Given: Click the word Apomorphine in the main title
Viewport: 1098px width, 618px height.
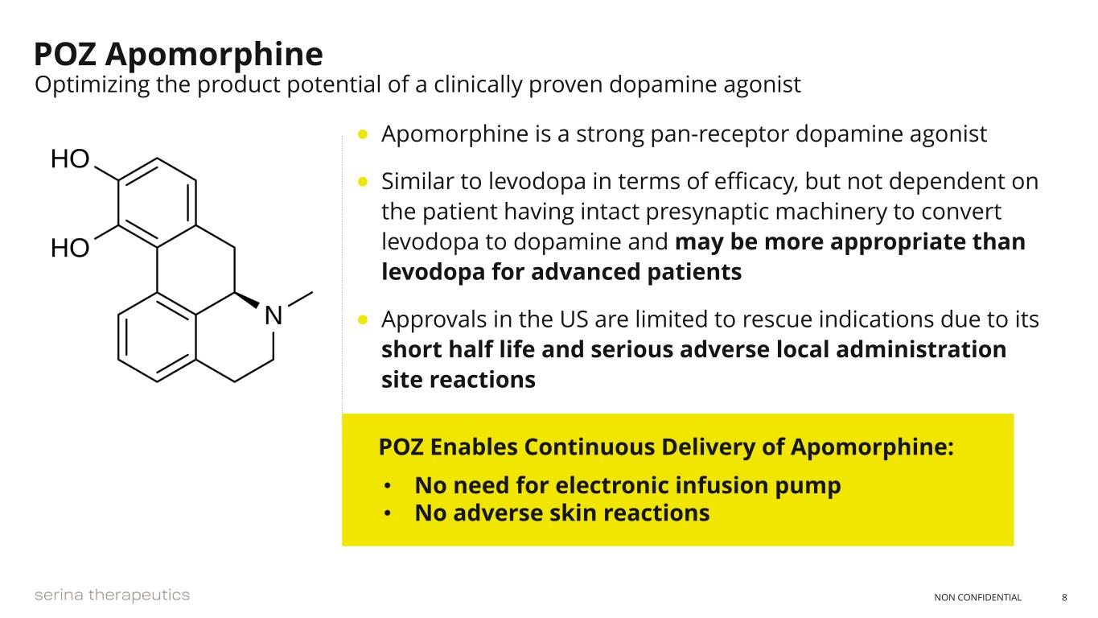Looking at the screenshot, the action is pyautogui.click(x=214, y=56).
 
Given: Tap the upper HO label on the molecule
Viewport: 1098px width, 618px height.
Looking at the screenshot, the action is pyautogui.click(x=70, y=159).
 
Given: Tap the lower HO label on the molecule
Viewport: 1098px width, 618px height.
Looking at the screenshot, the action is pyautogui.click(x=70, y=248).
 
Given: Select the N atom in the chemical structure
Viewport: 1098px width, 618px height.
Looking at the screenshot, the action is pyautogui.click(x=273, y=315).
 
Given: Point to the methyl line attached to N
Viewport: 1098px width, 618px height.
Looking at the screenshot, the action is pyautogui.click(x=300, y=299).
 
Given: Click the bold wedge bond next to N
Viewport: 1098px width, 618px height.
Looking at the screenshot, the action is pyautogui.click(x=247, y=301).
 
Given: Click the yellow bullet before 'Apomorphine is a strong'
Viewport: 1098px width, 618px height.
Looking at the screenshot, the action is pyautogui.click(x=363, y=134).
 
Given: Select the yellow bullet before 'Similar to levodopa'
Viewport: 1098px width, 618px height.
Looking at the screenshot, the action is pyautogui.click(x=363, y=182).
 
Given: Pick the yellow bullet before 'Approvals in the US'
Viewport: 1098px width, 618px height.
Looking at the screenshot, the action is pyautogui.click(x=363, y=319).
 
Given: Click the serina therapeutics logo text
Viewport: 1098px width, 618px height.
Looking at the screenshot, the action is pyautogui.click(x=113, y=595).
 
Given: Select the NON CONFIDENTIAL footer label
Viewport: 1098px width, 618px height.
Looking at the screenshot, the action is pyautogui.click(x=977, y=597).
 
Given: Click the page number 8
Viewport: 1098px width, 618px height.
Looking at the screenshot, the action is pyautogui.click(x=1064, y=597).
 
